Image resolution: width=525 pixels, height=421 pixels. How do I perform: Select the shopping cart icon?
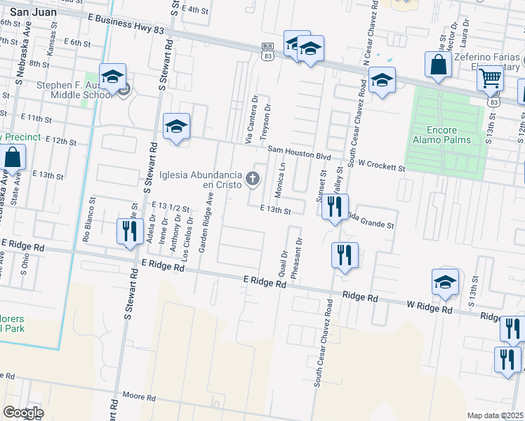(x=491, y=78)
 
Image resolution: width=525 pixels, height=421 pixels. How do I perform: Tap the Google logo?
(x=23, y=412)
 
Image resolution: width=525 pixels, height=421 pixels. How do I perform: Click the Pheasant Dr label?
(x=298, y=258)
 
